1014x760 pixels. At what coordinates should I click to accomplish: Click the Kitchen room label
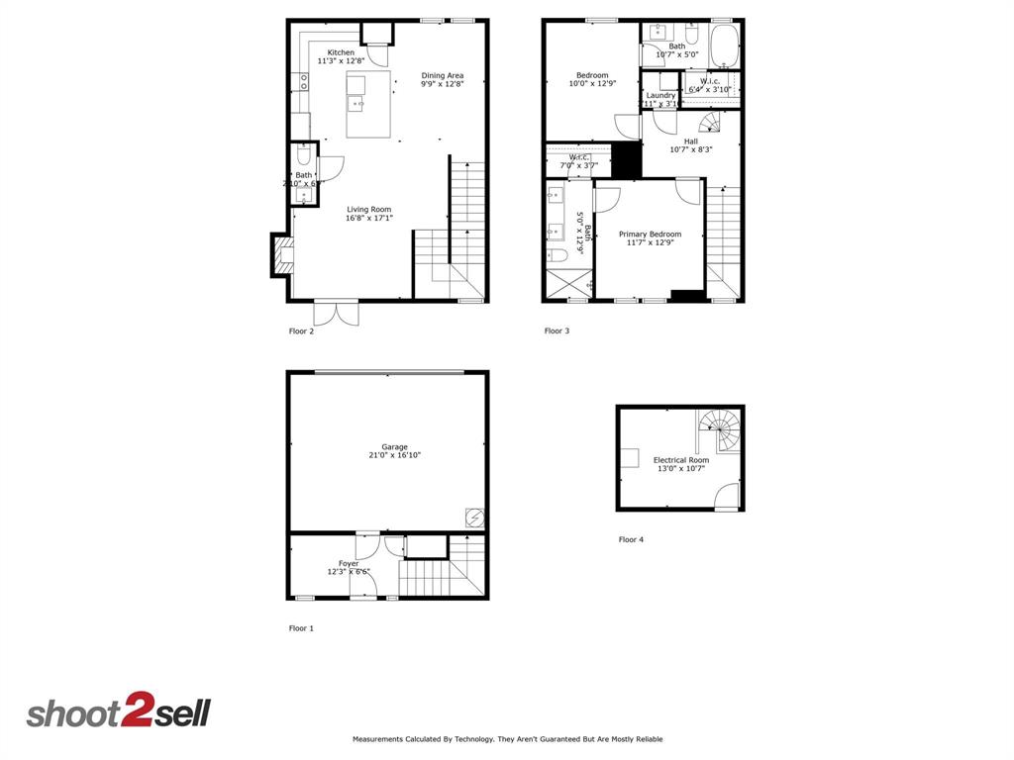click(341, 52)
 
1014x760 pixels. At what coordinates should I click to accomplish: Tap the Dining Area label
click(442, 75)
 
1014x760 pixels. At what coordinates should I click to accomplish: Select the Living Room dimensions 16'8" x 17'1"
click(369, 218)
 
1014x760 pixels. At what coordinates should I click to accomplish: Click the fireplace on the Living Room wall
click(282, 255)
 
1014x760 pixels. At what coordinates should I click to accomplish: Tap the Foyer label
click(349, 563)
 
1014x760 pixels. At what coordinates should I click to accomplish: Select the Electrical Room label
click(680, 460)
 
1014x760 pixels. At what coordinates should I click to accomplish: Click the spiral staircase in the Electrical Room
click(719, 432)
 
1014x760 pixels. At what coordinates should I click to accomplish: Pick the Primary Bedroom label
click(650, 235)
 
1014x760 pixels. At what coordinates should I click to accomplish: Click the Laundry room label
click(660, 95)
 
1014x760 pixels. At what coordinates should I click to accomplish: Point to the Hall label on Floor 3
click(690, 142)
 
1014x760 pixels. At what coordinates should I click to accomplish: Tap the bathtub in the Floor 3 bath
click(724, 46)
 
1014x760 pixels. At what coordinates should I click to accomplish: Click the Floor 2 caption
click(301, 332)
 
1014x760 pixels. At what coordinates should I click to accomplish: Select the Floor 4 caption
click(631, 539)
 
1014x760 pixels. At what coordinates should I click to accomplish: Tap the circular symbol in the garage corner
click(474, 518)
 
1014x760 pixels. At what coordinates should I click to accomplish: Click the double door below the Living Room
click(337, 312)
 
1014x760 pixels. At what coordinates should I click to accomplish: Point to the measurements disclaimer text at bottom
click(507, 739)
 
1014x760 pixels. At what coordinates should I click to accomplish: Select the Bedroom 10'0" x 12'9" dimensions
click(592, 84)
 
